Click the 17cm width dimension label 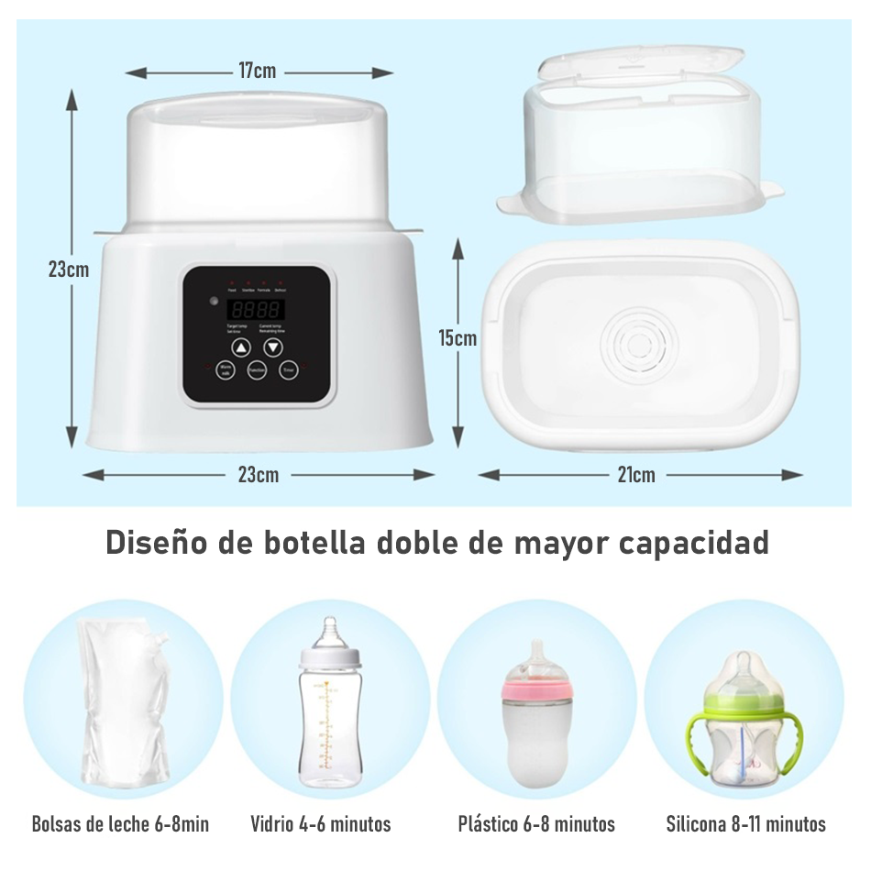pos(258,71)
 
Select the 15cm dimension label pos(457,338)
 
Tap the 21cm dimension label pos(636,474)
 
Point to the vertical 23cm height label pos(69,270)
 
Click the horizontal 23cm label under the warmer pos(259,474)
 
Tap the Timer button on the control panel pos(288,370)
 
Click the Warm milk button pos(226,370)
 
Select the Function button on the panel pos(257,370)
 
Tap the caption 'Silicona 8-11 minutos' pos(745,824)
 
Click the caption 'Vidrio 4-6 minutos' pos(321,824)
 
